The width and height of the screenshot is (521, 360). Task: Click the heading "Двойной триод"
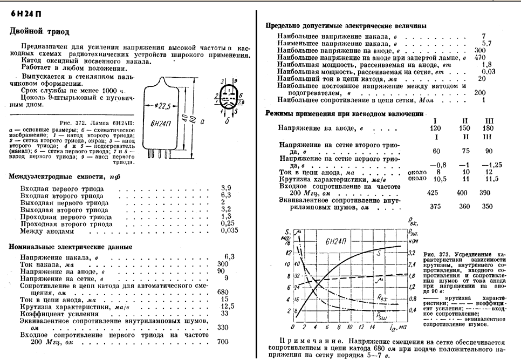click(39, 32)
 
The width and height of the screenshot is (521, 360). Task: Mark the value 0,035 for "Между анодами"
click(230, 231)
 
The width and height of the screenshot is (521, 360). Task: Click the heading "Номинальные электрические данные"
click(71, 247)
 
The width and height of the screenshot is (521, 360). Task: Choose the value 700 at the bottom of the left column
click(223, 342)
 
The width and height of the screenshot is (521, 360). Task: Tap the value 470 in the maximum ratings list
click(480, 57)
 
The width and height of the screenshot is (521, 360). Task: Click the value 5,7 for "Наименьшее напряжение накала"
click(486, 43)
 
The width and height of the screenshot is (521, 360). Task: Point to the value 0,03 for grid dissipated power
click(488, 71)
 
